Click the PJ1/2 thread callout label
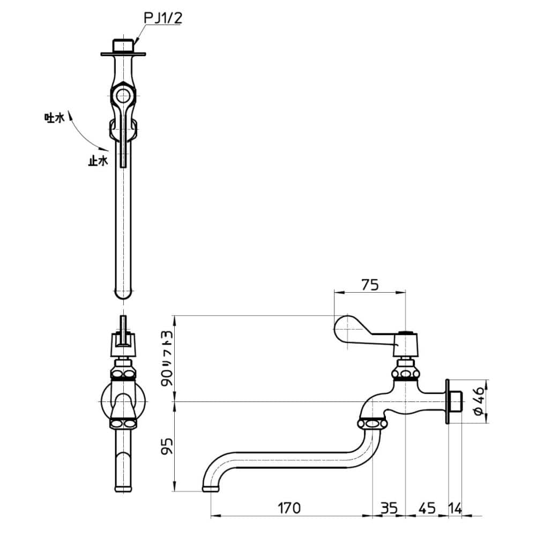[x=163, y=18]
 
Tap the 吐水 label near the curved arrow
[x=54, y=118]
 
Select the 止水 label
[x=98, y=161]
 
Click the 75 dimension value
[x=370, y=285]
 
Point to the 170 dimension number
[x=289, y=508]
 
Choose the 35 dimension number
[x=389, y=508]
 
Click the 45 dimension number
[x=427, y=508]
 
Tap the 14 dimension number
[x=455, y=508]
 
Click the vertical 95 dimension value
[x=167, y=446]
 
